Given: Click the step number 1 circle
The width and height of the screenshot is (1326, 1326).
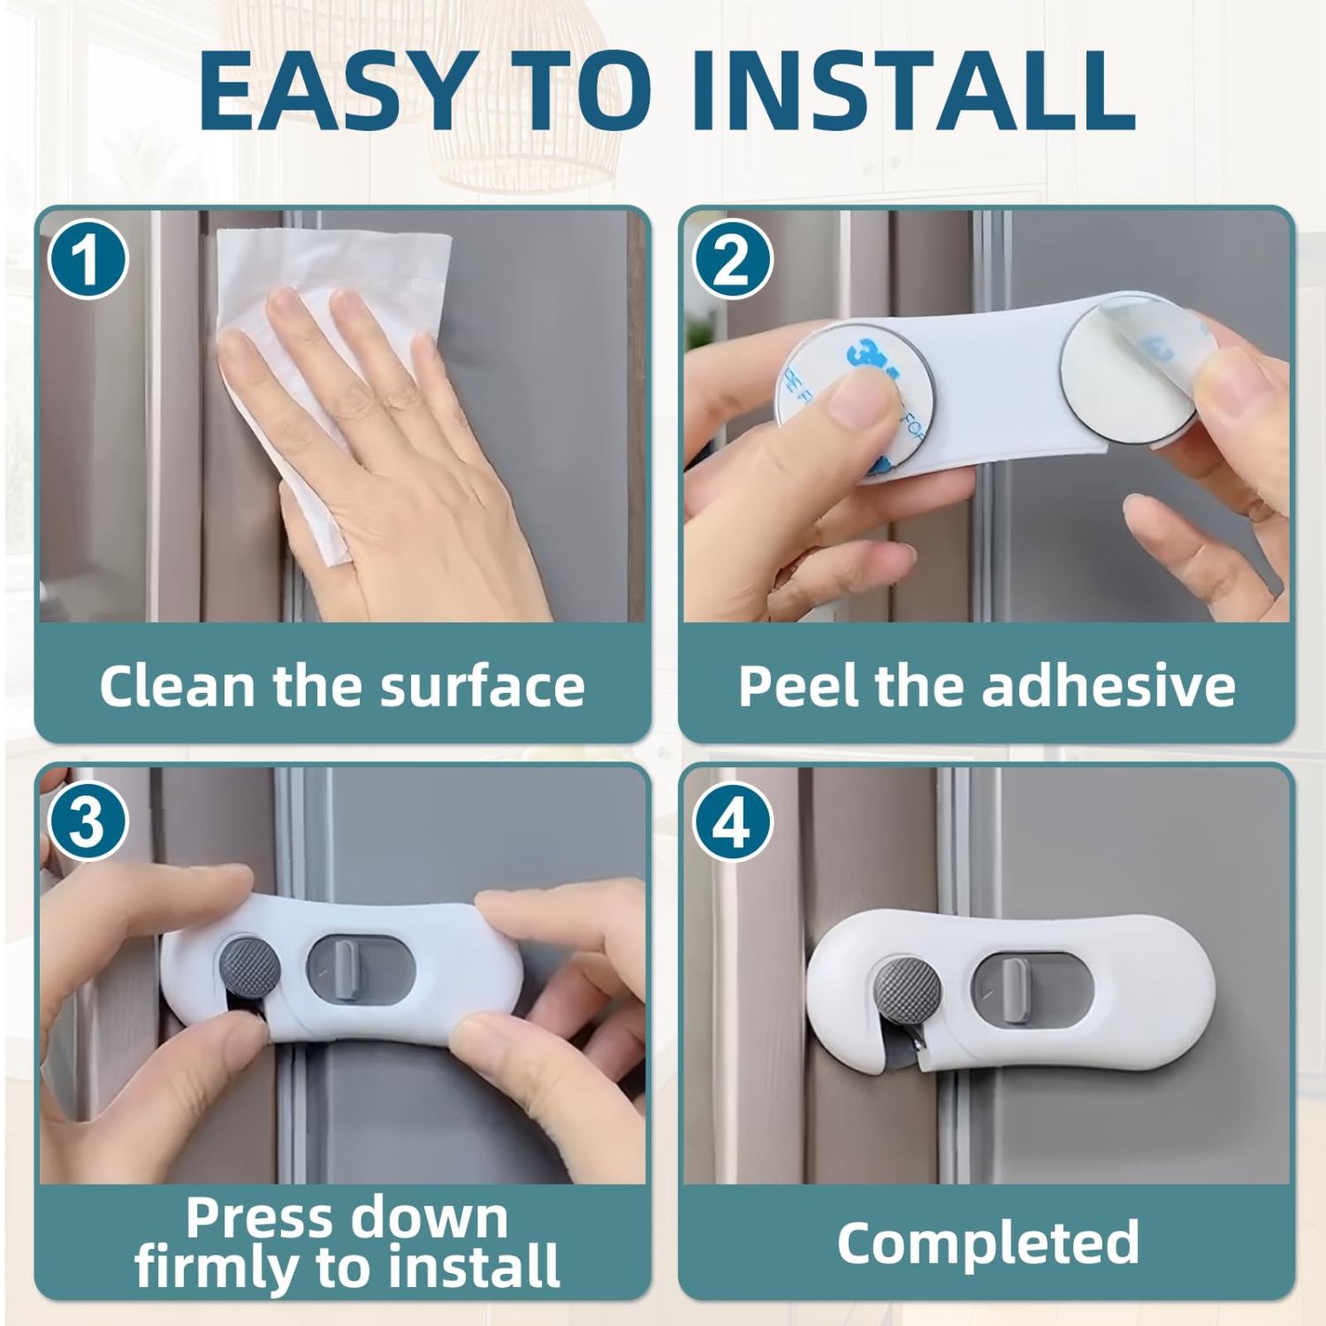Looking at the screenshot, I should click(88, 260).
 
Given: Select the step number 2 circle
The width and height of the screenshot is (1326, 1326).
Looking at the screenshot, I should click(732, 260).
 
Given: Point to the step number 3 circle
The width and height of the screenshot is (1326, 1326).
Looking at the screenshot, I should click(88, 821).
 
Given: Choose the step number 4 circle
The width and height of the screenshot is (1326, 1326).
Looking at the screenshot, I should click(732, 821).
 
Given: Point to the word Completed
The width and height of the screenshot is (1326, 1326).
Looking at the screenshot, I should click(987, 1243).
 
